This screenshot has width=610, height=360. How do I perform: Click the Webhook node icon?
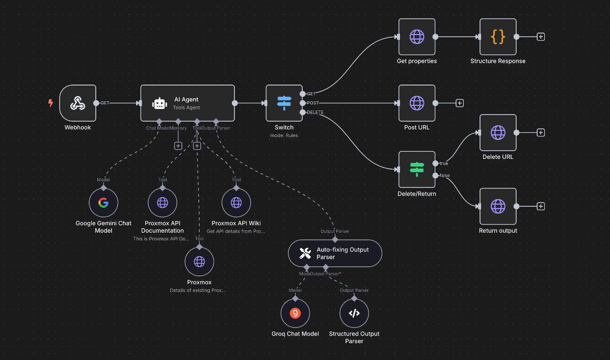point(77,103)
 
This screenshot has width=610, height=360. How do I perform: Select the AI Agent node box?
point(187,103)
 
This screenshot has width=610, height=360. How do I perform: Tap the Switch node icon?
point(284,103)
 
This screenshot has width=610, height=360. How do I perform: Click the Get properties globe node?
point(417,37)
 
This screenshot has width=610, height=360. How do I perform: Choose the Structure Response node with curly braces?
point(498,37)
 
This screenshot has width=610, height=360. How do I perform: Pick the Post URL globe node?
point(417,103)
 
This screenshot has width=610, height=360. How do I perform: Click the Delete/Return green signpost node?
point(417,170)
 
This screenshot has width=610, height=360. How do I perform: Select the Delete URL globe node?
point(498,133)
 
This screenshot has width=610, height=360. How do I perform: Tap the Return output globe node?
point(498,206)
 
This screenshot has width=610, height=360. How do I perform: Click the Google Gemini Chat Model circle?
point(103,203)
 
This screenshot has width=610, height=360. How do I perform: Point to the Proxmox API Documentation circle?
point(163,203)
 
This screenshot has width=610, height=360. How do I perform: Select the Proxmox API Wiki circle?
point(236,203)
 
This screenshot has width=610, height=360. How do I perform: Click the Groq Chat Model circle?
point(295,313)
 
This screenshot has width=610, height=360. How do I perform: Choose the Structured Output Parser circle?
point(354,313)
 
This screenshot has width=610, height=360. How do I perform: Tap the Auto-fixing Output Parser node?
point(335,253)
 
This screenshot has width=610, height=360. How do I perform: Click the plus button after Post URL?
point(459,103)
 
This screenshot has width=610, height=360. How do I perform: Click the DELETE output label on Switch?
point(315,112)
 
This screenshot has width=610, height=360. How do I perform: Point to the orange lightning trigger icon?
point(50,103)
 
